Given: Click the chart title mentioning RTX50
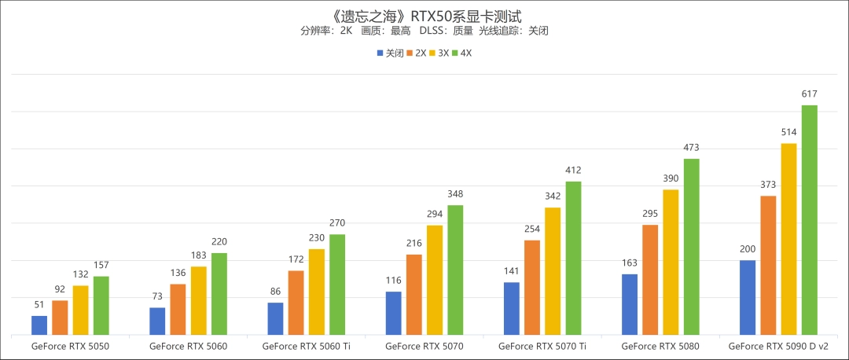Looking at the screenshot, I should click(x=424, y=14).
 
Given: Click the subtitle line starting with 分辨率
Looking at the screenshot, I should click(x=424, y=31).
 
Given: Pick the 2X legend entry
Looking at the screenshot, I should click(x=416, y=53).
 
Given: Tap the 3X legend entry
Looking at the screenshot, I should click(x=439, y=53).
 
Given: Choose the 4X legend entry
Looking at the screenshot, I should click(x=461, y=53).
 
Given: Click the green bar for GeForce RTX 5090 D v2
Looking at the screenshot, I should click(x=809, y=220).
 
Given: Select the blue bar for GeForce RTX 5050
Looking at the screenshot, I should click(x=39, y=325).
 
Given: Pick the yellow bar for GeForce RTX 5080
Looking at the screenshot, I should click(x=671, y=263).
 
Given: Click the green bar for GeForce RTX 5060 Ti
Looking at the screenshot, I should click(x=337, y=285).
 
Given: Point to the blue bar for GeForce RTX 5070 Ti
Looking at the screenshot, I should click(x=511, y=308).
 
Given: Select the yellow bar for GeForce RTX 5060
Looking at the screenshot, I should click(x=199, y=301).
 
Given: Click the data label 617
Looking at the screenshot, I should click(x=809, y=94).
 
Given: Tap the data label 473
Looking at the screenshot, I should click(x=691, y=147).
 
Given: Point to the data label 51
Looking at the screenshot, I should click(x=39, y=305).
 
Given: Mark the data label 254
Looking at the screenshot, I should click(x=532, y=229).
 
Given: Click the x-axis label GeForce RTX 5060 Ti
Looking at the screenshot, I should click(x=306, y=345).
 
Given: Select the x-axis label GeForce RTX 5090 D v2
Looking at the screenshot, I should click(x=777, y=345).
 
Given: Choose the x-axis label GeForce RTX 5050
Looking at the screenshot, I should click(x=70, y=345).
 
